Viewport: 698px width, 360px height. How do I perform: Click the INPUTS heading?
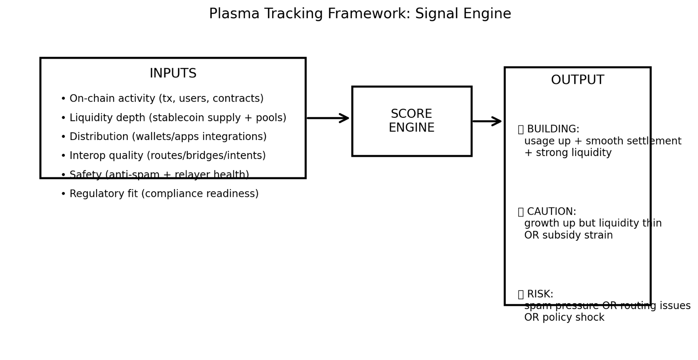[x=173, y=73]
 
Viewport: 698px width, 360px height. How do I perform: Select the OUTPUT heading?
[x=577, y=80]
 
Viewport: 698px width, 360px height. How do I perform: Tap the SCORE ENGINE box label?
[x=411, y=121]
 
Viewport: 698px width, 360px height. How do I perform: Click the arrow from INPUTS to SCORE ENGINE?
[x=328, y=118]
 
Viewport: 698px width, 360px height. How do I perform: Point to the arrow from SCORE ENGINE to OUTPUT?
[x=487, y=121]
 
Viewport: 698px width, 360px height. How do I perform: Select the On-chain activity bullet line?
[x=162, y=99]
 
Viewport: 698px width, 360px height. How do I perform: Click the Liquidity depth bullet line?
[x=173, y=118]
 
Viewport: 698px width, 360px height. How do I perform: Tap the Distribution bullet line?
[x=164, y=137]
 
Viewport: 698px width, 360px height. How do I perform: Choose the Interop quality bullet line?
[x=163, y=156]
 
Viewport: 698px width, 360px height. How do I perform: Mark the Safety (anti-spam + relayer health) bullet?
[x=155, y=175]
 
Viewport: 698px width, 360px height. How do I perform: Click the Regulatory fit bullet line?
[x=160, y=194]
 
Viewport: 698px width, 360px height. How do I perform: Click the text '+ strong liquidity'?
[x=568, y=153]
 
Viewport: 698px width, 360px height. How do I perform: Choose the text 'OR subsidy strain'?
[x=568, y=235]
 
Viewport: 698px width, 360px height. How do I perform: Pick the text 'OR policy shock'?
[x=564, y=318]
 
